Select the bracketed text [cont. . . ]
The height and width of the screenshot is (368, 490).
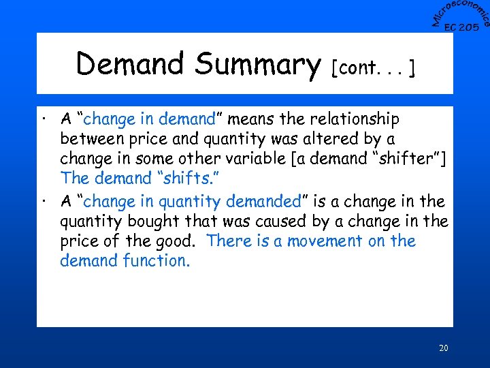pos(374,67)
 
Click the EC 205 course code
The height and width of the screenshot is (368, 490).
pos(461,27)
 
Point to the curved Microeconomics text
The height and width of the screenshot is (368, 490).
pos(460,12)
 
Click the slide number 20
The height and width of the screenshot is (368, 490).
pos(443,348)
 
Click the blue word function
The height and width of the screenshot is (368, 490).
pos(154,260)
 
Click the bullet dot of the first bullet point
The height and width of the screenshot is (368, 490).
pos(44,121)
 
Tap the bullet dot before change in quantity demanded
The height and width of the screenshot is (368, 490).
pos(44,203)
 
